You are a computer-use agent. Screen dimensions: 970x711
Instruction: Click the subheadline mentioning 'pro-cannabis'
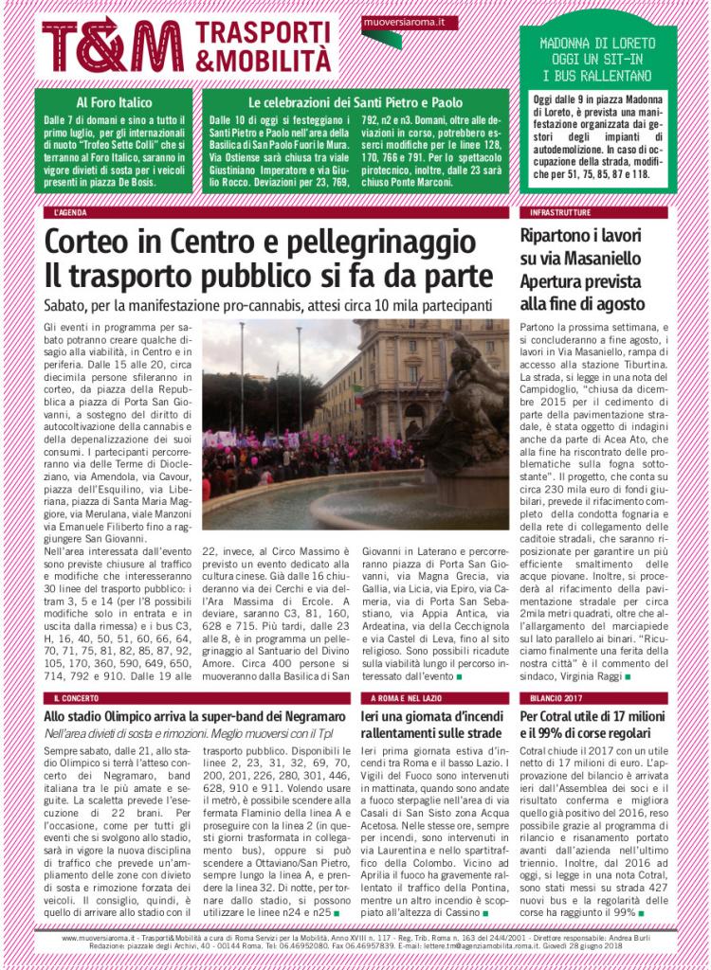coord(268,307)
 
